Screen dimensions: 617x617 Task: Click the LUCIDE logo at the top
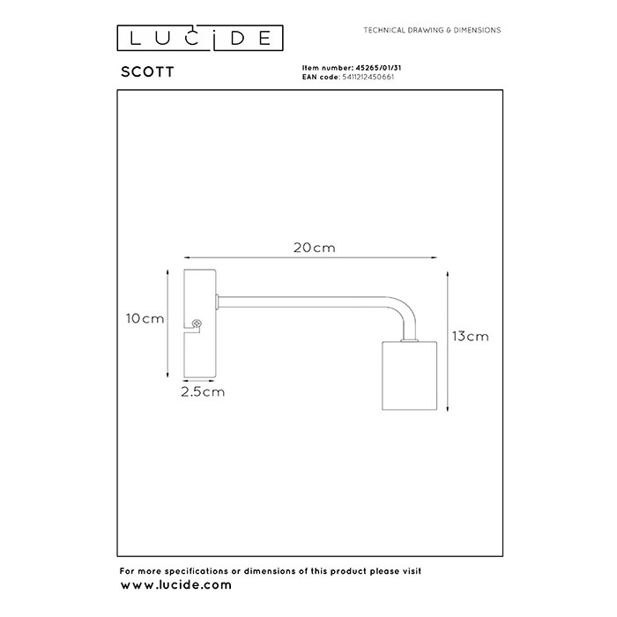click(201, 38)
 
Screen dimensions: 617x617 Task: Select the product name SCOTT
click(146, 75)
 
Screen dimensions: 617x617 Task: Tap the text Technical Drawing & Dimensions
click(432, 30)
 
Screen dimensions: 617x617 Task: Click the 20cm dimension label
click(315, 248)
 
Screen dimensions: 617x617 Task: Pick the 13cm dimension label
click(470, 336)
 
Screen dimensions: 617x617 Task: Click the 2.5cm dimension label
click(202, 390)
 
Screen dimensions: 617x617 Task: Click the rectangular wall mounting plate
click(198, 322)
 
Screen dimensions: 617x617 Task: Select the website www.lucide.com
click(175, 584)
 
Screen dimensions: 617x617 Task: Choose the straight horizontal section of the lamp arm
click(300, 299)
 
